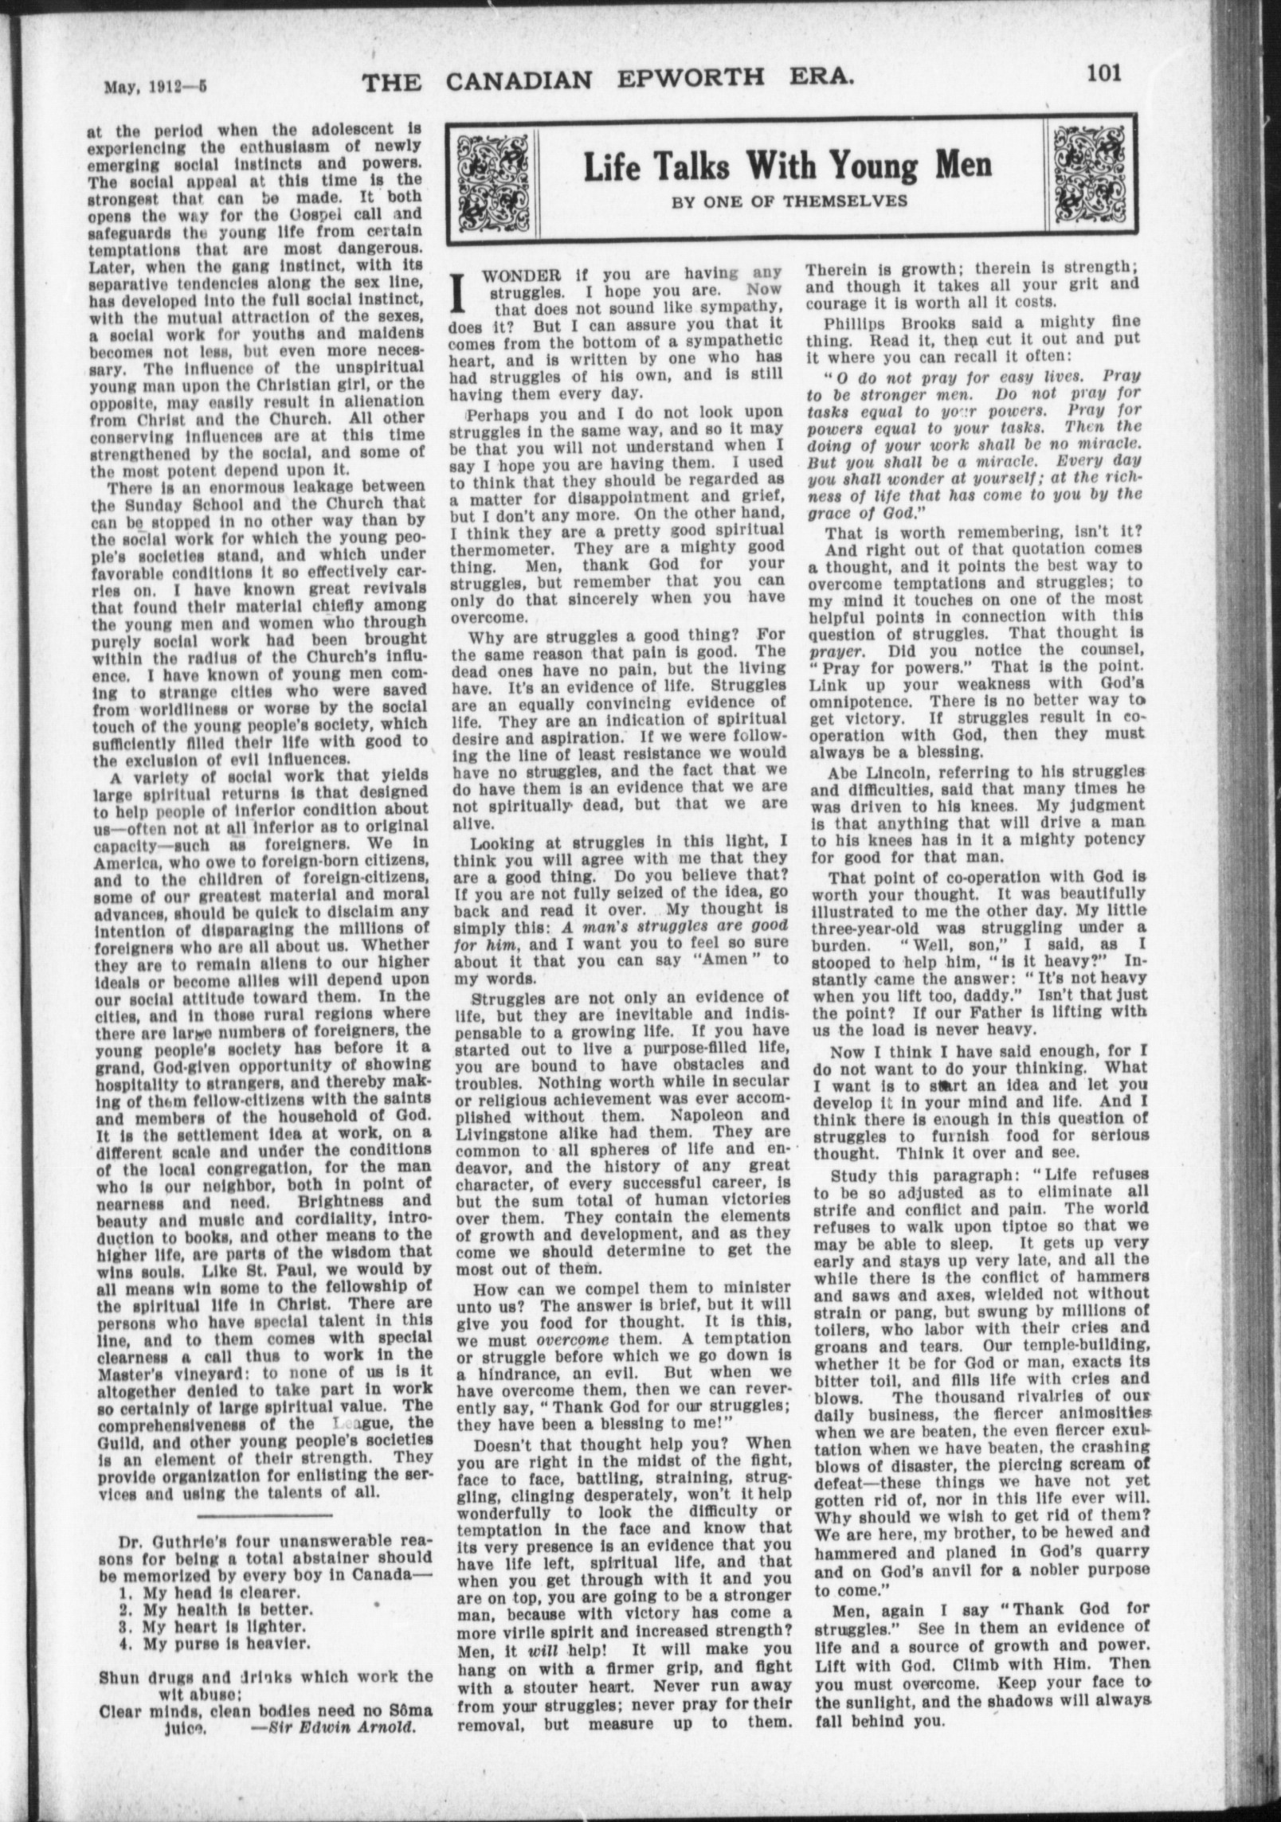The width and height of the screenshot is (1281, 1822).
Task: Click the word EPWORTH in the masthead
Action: [697, 80]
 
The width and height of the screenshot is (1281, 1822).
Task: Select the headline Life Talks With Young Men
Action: [788, 165]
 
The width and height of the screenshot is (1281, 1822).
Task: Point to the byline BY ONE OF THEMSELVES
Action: [789, 201]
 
